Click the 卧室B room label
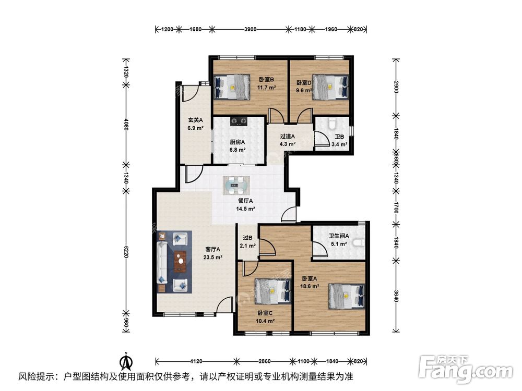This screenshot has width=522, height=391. (x=266, y=80)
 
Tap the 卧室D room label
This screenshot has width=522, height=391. (x=304, y=82)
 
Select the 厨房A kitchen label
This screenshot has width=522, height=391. (x=238, y=142)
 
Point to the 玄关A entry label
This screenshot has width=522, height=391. (x=195, y=120)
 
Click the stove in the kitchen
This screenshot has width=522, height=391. (x=239, y=121)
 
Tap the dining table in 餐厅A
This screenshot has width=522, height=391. (x=236, y=186)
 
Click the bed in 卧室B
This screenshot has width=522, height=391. (x=232, y=87)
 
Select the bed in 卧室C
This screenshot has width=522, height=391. (x=272, y=291)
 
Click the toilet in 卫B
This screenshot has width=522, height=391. (x=332, y=123)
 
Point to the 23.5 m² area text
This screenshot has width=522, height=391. (x=213, y=257)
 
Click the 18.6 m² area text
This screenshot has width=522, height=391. (x=310, y=286)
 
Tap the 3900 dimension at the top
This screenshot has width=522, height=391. (x=251, y=29)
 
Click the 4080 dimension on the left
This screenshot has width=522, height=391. (x=125, y=125)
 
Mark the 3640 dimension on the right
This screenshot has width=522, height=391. (x=396, y=296)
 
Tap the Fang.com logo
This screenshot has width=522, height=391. (x=466, y=369)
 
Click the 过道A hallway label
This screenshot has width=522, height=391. (x=287, y=136)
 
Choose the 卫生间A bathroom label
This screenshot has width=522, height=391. (x=339, y=236)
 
